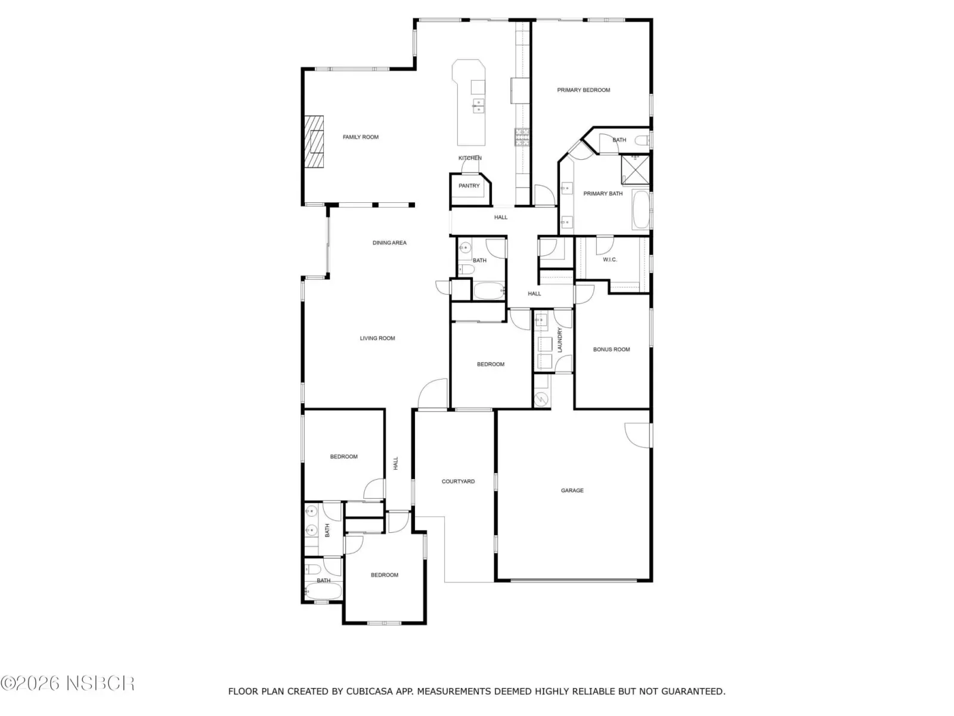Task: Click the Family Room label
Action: point(360,137)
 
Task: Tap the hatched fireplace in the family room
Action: point(314,141)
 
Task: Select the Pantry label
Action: point(469,186)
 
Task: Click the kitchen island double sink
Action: point(478,106)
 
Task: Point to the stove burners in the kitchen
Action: point(522,137)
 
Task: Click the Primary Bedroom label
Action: point(583,90)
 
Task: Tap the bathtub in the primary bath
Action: point(640,209)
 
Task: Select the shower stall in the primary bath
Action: point(635,169)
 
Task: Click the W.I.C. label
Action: point(609,260)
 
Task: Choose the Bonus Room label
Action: point(611,349)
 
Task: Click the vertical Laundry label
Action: point(560,340)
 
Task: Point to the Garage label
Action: point(572,490)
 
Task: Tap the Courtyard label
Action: point(458,482)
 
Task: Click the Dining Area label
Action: point(389,243)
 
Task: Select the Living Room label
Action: point(377,338)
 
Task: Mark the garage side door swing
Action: point(637,435)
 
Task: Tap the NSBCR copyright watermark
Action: point(67,684)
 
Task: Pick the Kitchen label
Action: point(470,158)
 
